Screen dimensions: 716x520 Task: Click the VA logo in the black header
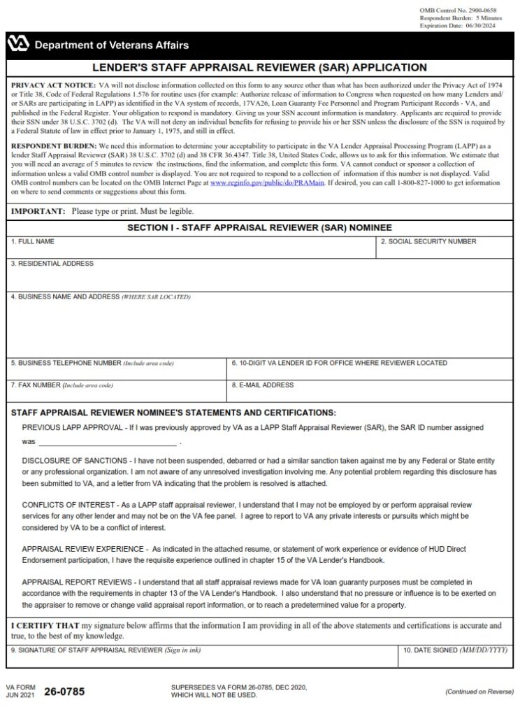point(18,45)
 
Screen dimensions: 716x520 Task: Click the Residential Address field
point(259,278)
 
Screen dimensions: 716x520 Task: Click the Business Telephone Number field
point(117,371)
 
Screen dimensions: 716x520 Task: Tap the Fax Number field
point(117,393)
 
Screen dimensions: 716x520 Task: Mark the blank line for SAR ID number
point(108,442)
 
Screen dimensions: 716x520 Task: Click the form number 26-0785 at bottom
point(64,692)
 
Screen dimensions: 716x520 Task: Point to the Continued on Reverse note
point(479,692)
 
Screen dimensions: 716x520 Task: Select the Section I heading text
point(259,228)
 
